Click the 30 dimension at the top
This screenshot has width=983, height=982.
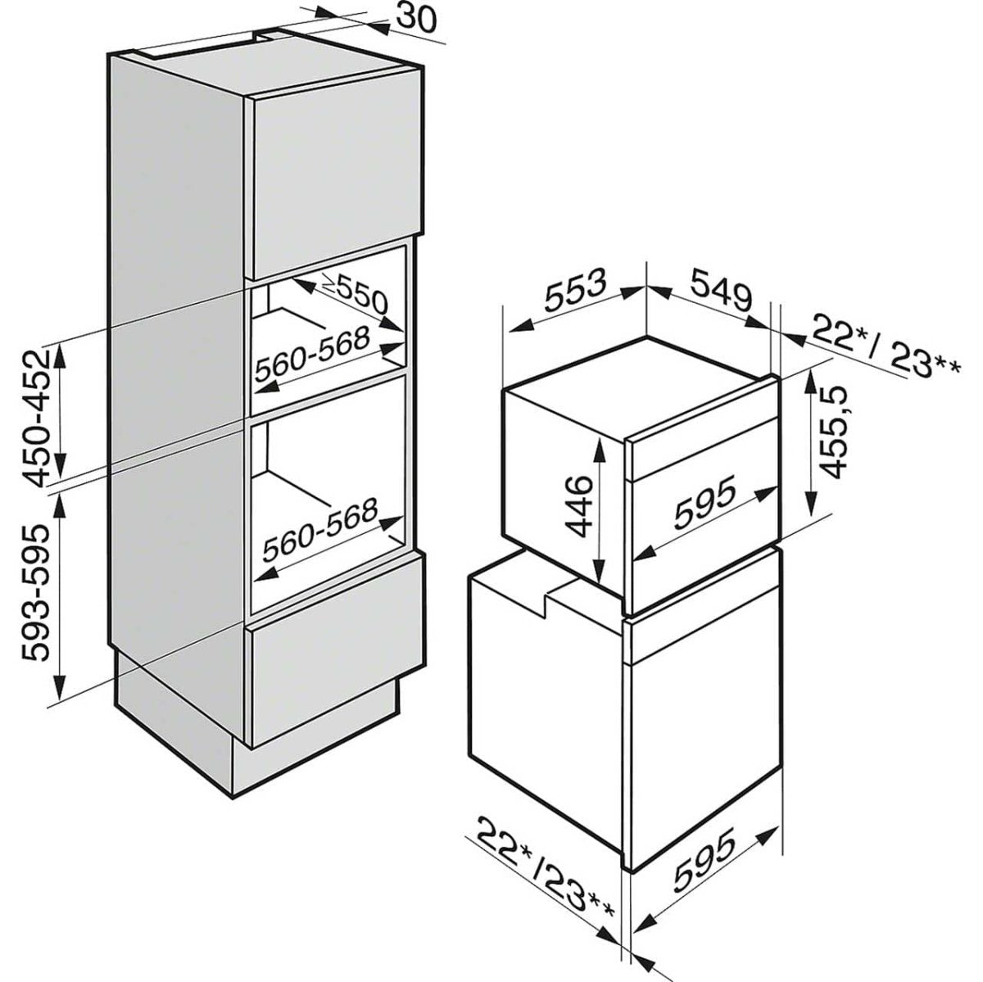416,18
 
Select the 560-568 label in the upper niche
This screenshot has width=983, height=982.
312,354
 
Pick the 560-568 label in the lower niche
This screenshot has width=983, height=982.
319,528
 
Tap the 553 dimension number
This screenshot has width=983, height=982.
577,289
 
